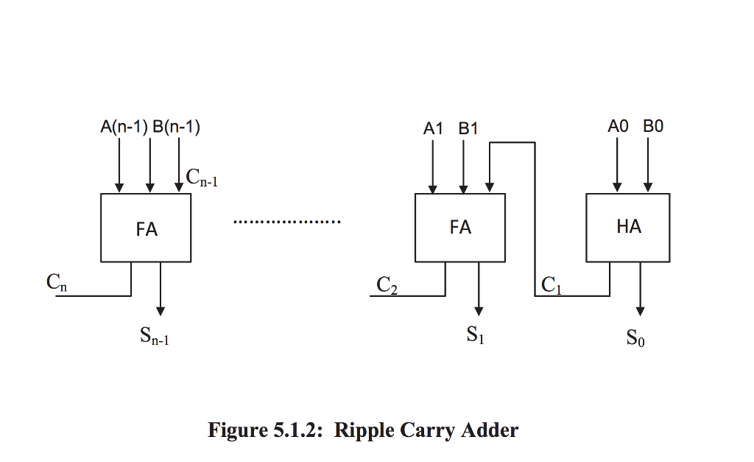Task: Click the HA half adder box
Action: click(628, 227)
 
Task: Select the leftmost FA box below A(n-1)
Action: click(147, 228)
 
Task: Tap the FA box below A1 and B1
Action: click(460, 227)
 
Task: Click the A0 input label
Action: click(618, 127)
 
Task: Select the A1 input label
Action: click(434, 128)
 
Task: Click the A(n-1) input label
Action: click(124, 127)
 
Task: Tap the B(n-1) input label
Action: click(176, 127)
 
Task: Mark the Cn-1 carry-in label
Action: click(201, 178)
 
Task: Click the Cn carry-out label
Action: click(56, 282)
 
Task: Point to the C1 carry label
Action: click(551, 285)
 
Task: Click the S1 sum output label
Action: click(475, 336)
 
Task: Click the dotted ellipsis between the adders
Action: click(286, 221)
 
